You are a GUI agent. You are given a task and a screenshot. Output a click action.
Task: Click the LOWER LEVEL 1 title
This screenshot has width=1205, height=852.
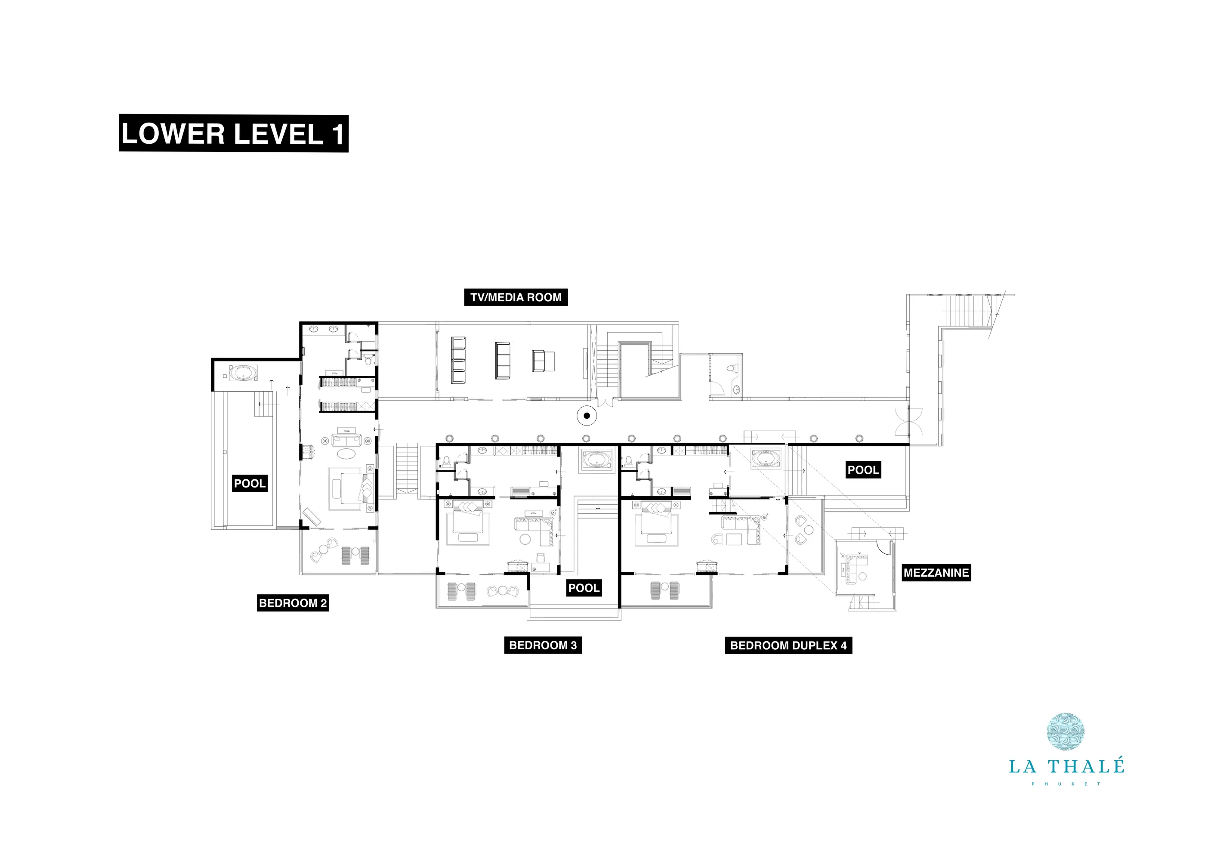(x=234, y=133)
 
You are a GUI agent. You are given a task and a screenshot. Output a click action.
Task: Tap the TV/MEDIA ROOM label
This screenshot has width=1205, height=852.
(x=516, y=297)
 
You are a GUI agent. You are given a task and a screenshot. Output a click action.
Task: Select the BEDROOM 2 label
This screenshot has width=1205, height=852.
(x=293, y=603)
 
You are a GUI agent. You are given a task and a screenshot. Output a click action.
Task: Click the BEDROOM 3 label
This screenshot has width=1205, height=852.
(x=543, y=645)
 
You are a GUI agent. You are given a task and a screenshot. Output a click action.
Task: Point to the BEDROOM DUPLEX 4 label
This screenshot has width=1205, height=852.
(x=788, y=645)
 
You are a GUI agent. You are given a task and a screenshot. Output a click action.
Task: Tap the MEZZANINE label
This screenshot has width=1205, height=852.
(x=936, y=573)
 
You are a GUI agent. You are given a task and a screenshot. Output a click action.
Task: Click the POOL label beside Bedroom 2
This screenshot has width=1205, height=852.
(x=250, y=483)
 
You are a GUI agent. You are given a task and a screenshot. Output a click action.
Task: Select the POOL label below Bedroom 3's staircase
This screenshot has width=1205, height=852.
(x=584, y=588)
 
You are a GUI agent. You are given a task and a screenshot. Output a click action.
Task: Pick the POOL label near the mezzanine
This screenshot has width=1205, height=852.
(x=863, y=470)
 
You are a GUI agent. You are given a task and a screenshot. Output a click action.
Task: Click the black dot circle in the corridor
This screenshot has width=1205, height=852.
(x=587, y=416)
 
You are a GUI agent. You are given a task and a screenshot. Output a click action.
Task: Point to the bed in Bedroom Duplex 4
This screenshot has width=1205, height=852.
(x=656, y=522)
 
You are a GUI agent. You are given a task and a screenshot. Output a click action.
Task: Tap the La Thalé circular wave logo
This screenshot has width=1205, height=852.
(x=1066, y=732)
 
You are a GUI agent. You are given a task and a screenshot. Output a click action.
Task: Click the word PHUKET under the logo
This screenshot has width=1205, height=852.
(x=1066, y=784)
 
